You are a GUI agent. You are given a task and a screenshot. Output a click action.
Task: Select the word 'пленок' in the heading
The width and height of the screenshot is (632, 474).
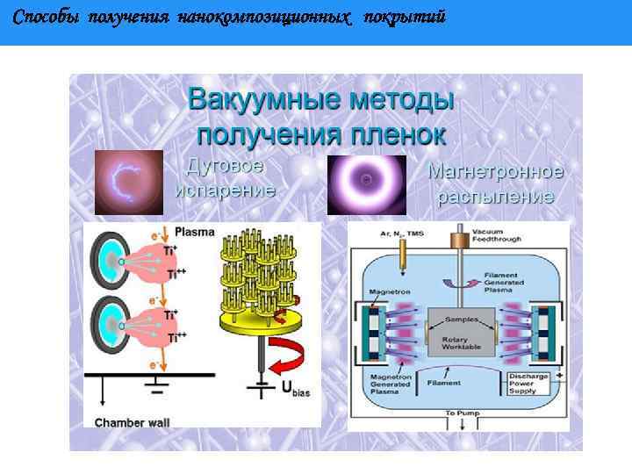[399, 135]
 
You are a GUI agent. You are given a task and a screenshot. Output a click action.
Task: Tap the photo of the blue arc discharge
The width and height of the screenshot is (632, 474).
[129, 183]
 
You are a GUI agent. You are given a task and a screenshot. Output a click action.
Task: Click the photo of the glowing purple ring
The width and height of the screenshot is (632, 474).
[366, 185]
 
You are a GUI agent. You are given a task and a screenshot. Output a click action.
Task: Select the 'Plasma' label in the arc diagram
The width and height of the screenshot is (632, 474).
[195, 233]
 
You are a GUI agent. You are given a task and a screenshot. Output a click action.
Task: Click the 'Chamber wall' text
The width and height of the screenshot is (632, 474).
[132, 422]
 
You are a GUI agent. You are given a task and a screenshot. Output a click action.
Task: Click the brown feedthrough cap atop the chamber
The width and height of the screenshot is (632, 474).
[457, 240]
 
